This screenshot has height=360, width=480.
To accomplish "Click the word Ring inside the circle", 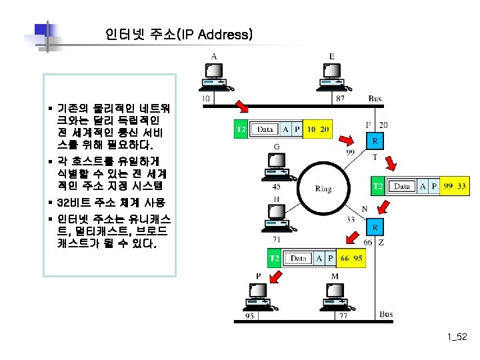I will pyautogui.click(x=323, y=189).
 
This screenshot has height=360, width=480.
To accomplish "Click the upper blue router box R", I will pyautogui.click(x=376, y=142).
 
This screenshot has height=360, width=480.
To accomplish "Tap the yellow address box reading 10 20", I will pyautogui.click(x=319, y=129).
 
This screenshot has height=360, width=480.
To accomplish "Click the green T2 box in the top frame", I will pyautogui.click(x=241, y=129).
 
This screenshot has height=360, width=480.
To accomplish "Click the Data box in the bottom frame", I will pyautogui.click(x=298, y=257).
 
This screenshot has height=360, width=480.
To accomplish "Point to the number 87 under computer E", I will pyautogui.click(x=341, y=99).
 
